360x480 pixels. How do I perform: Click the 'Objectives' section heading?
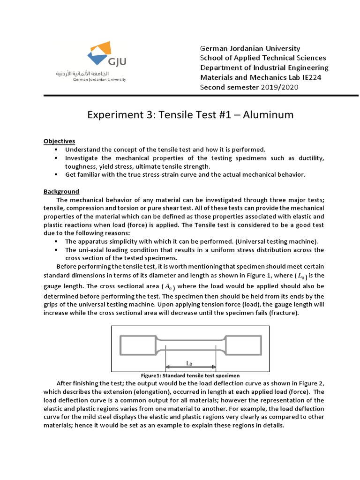point(59,141)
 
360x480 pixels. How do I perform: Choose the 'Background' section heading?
point(61,191)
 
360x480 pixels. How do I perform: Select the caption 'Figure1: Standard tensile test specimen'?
point(190,375)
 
